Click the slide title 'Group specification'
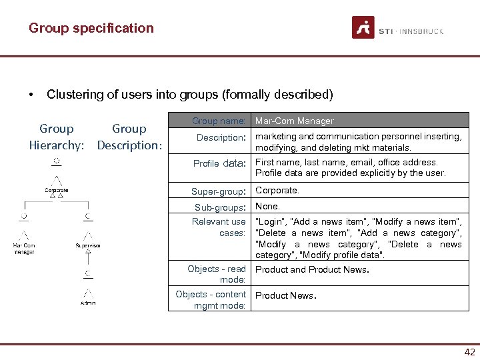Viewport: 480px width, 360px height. point(91,28)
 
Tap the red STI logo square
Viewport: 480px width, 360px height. point(363,27)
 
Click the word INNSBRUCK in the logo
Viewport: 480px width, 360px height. point(423,31)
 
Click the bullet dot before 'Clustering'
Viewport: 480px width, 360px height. point(31,95)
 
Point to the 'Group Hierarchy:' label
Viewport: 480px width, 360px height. point(57,137)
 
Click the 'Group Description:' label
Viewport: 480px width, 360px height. point(129,137)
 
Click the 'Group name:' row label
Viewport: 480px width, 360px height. point(219,121)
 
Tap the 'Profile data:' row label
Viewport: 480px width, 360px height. point(219,163)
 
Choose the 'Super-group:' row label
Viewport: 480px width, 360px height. point(219,191)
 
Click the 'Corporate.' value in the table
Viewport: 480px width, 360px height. point(277,191)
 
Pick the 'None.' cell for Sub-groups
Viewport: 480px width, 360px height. point(268,207)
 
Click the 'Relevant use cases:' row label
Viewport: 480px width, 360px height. point(219,227)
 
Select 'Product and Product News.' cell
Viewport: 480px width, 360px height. point(311,270)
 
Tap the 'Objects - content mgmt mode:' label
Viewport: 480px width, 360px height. point(211,299)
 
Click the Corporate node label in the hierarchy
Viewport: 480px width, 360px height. point(57,190)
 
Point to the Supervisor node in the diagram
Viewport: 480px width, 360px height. point(87,245)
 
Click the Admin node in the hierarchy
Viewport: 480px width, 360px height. point(88,303)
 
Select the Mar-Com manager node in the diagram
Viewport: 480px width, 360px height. point(24,248)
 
